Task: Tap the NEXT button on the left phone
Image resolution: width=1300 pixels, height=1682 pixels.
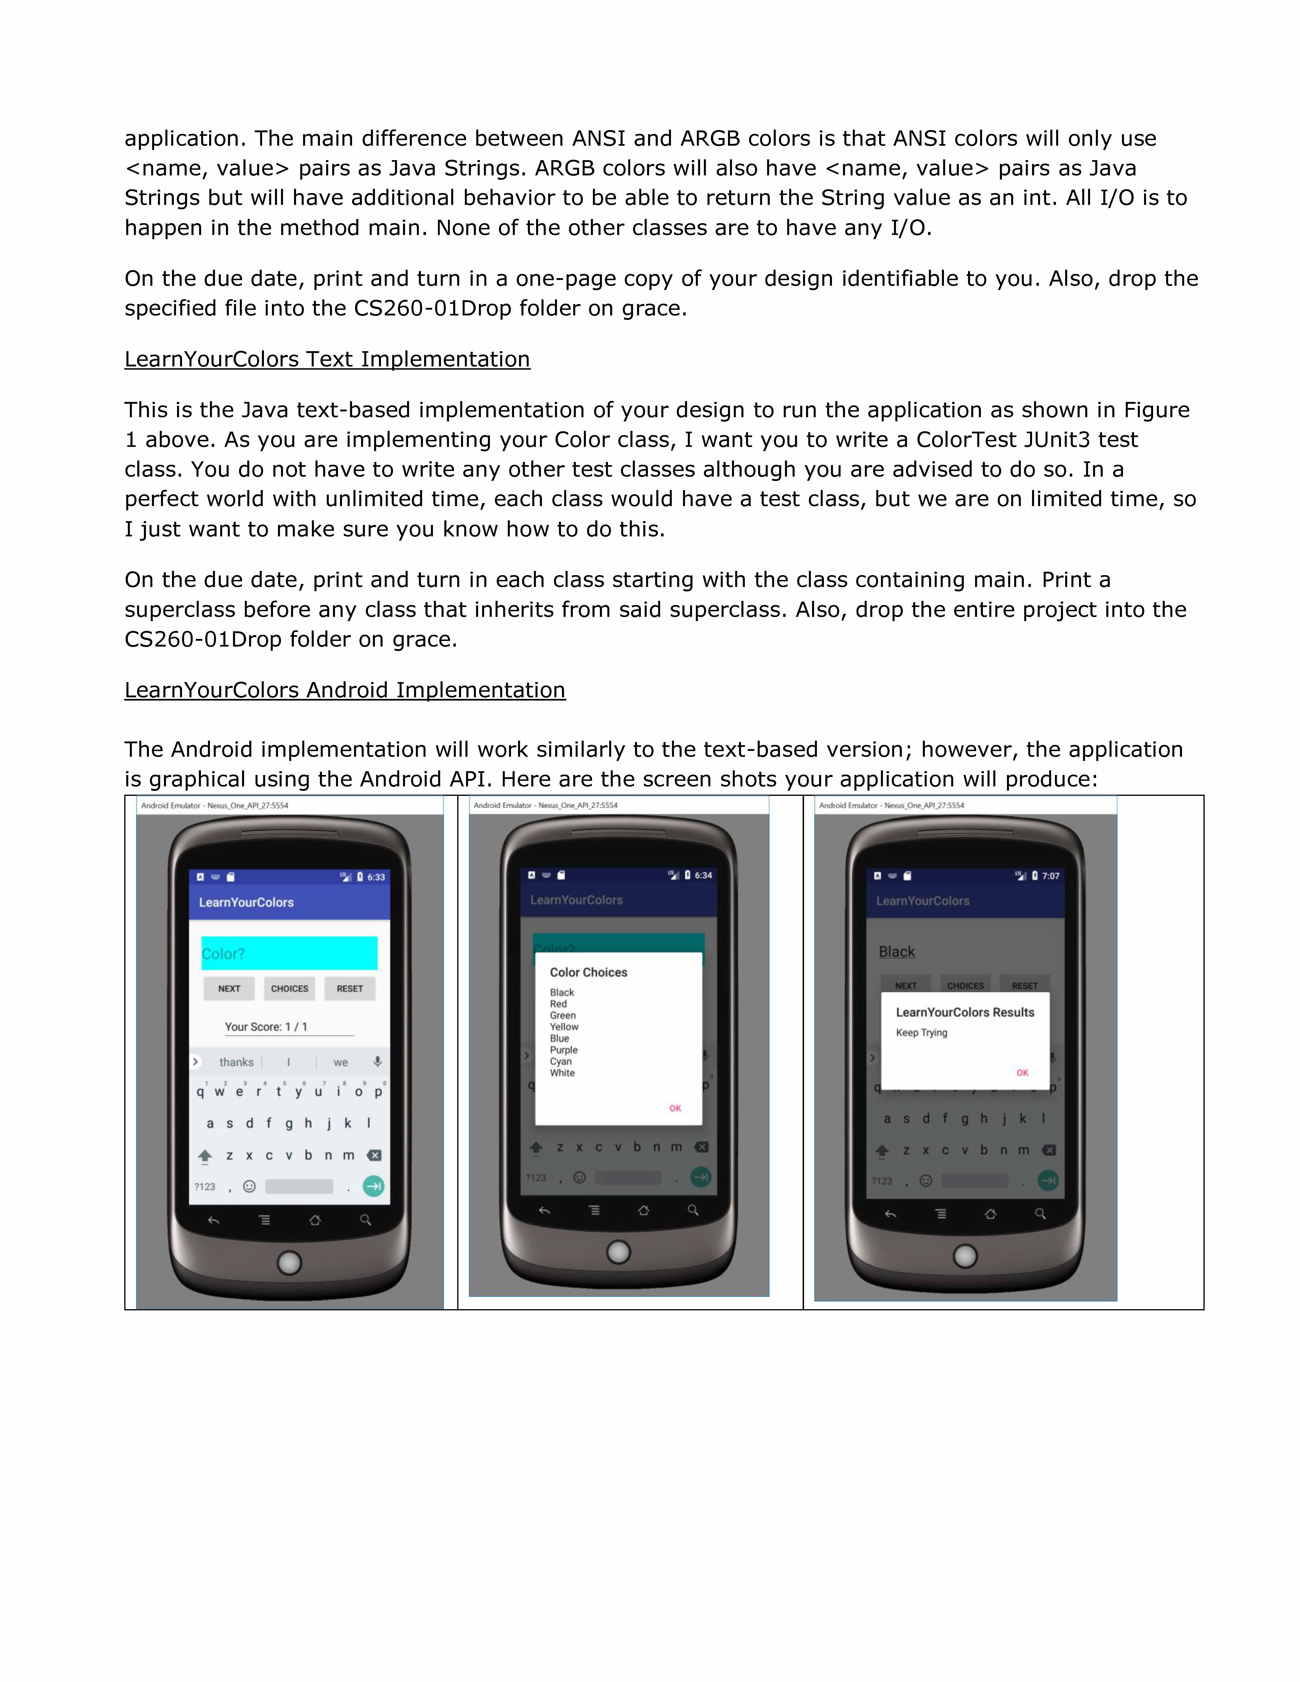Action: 229,989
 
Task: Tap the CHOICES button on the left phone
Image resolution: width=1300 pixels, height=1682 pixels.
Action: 290,989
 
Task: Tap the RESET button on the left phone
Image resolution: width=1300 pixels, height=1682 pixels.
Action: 350,989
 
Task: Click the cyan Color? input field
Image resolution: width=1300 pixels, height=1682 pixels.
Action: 290,953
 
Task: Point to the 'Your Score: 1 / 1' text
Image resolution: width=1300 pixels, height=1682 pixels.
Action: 266,1027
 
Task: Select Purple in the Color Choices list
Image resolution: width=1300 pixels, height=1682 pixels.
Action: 564,1050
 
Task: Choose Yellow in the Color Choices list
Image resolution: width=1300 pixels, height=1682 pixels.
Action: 564,1027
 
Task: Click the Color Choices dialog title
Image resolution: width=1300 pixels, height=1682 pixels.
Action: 588,973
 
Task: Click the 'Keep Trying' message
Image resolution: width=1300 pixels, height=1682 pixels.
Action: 921,1033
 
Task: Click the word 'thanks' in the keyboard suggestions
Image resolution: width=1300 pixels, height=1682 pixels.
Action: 236,1062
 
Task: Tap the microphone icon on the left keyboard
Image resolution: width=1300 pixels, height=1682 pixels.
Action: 377,1062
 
